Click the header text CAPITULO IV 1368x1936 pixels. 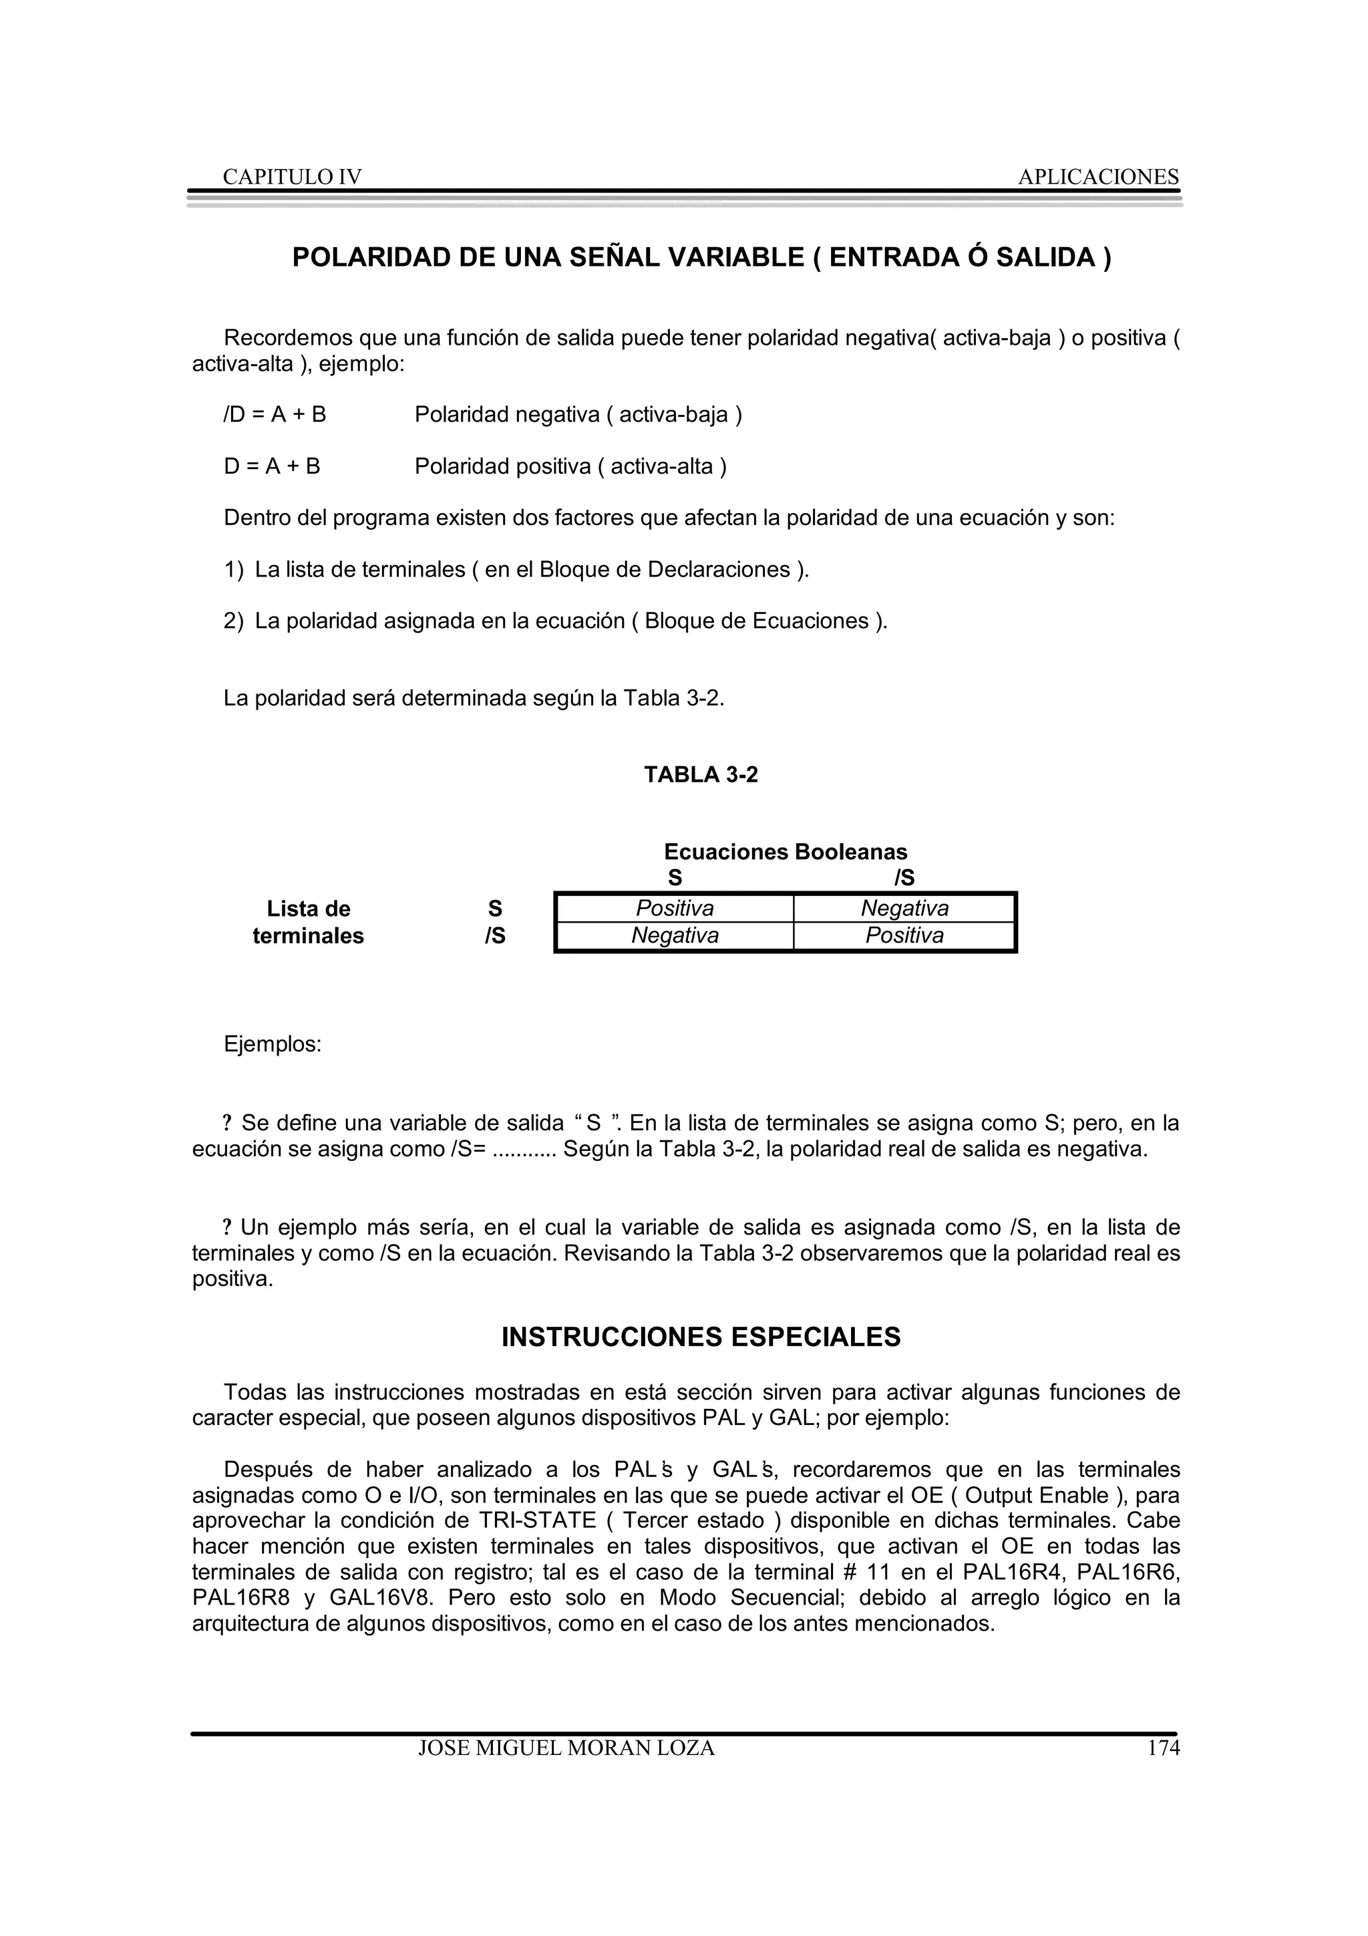point(292,177)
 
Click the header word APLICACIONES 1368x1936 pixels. point(1097,177)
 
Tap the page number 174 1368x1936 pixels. point(1163,1748)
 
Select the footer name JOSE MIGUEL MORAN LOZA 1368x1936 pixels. point(566,1748)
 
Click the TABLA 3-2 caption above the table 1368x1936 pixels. point(701,775)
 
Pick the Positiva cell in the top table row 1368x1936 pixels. point(674,908)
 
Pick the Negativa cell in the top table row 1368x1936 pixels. point(904,908)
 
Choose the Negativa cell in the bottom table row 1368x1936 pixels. point(674,935)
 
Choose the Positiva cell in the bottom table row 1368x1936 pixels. point(904,935)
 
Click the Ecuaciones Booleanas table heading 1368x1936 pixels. point(785,852)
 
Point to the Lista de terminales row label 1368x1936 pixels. point(309,922)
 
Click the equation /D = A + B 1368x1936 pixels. point(275,415)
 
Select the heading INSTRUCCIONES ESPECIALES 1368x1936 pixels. point(701,1337)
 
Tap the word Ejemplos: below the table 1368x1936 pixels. point(273,1044)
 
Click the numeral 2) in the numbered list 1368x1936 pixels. point(234,621)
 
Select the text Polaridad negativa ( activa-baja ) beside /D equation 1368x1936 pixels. point(578,415)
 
